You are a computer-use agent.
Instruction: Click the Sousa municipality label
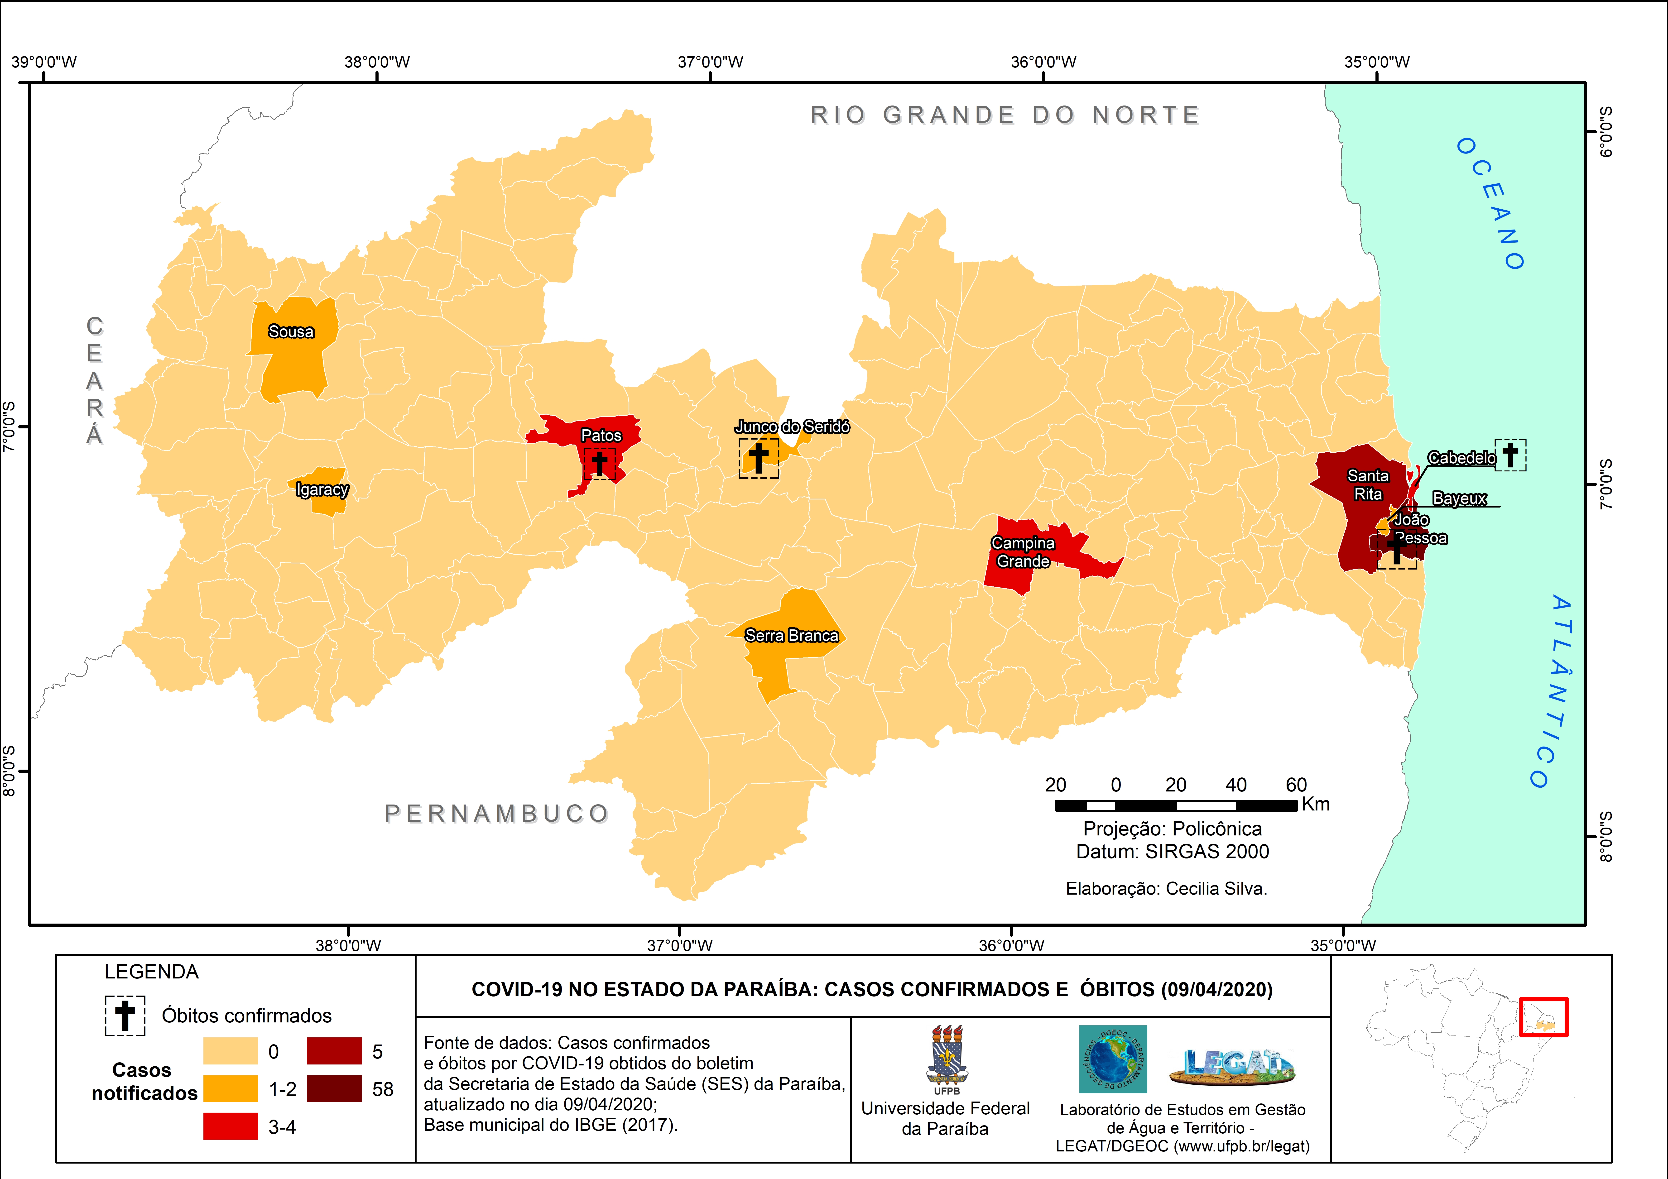tap(291, 332)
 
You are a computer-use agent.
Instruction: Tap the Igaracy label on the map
tap(322, 490)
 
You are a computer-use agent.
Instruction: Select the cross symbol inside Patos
tap(599, 463)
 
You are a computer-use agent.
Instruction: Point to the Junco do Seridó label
tap(792, 427)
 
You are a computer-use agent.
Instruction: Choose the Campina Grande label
tap(1023, 552)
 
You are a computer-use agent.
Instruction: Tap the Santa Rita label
tap(1368, 484)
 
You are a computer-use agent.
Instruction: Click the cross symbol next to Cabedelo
tap(1510, 455)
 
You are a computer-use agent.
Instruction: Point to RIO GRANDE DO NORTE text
tap(1005, 115)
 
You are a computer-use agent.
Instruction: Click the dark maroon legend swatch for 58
tap(334, 1089)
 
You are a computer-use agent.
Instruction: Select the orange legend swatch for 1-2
tap(230, 1089)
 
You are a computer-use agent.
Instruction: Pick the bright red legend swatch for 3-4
tap(230, 1127)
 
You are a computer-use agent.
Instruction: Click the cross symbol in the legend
tap(125, 1015)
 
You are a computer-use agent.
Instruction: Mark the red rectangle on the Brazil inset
tap(1544, 1017)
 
